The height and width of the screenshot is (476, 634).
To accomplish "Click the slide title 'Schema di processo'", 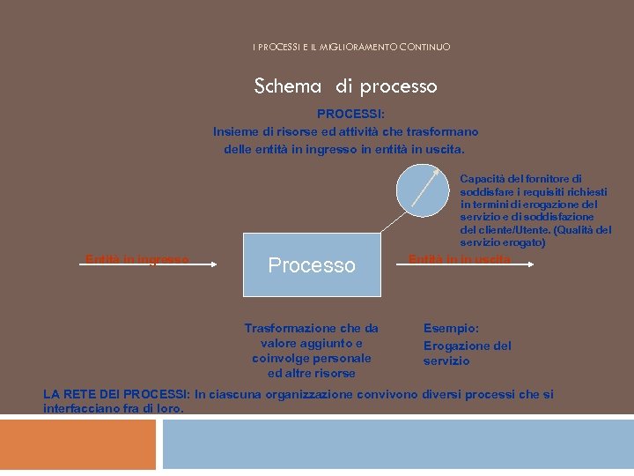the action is click(x=345, y=86).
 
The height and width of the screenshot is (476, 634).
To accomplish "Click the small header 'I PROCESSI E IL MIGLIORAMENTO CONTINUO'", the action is click(x=350, y=47).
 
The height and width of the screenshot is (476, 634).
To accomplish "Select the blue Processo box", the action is click(x=312, y=264).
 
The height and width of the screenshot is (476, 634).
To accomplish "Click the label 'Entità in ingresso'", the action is click(x=136, y=259).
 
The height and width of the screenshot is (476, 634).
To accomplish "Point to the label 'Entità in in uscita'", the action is click(x=459, y=259).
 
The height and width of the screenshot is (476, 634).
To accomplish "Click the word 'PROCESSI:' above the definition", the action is click(x=345, y=114).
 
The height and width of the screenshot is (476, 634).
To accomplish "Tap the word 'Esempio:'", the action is click(x=452, y=328).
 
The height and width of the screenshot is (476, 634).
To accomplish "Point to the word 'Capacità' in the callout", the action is click(x=483, y=179).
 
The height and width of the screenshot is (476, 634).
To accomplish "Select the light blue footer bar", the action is click(x=397, y=444).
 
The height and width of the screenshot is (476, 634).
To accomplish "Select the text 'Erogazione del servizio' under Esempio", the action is click(x=467, y=353).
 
